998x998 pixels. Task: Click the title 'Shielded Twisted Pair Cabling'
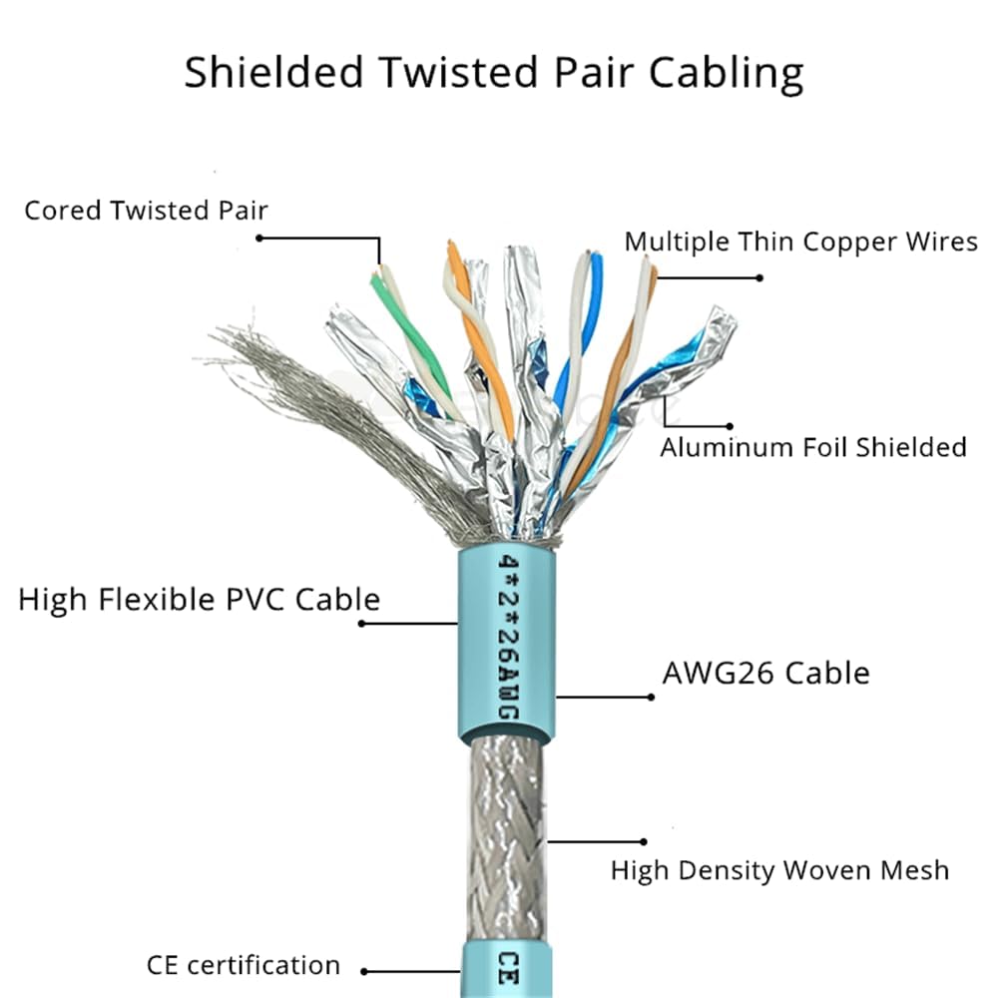tap(493, 74)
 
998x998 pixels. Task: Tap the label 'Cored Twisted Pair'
tap(146, 211)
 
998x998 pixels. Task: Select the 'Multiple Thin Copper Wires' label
tap(800, 243)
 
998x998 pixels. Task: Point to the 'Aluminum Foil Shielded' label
tap(812, 447)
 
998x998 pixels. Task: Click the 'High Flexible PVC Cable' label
tap(199, 600)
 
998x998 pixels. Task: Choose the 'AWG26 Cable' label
tap(765, 673)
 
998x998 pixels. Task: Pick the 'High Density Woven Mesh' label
tap(779, 870)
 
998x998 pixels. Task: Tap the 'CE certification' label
tap(243, 966)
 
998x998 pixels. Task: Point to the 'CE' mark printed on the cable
tap(507, 968)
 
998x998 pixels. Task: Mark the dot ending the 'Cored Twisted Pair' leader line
tap(259, 238)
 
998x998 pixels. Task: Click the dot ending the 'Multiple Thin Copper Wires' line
tap(759, 277)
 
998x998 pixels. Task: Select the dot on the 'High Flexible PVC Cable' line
tap(361, 624)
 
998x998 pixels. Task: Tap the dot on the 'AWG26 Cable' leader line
tap(651, 697)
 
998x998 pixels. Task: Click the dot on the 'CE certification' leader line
tap(364, 970)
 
